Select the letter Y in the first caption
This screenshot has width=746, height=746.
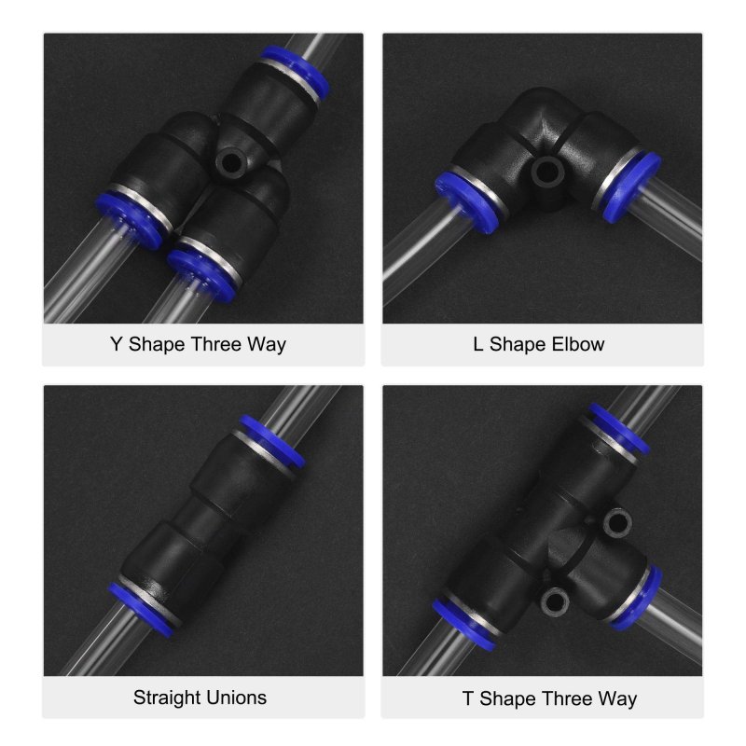pyautogui.click(x=116, y=344)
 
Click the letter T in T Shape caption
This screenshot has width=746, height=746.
pyautogui.click(x=468, y=698)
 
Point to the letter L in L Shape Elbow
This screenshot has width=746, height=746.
pyautogui.click(x=478, y=344)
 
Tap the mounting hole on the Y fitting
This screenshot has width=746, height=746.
pyautogui.click(x=230, y=163)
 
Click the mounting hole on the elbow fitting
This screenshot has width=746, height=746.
pyautogui.click(x=546, y=172)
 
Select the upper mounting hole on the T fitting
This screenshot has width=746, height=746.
pyautogui.click(x=617, y=522)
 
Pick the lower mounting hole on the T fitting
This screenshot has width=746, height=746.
pyautogui.click(x=555, y=601)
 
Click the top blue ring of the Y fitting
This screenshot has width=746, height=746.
pyautogui.click(x=295, y=72)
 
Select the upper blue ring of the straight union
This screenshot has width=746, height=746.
pyautogui.click(x=271, y=440)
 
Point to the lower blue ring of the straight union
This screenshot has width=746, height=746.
pyautogui.click(x=141, y=610)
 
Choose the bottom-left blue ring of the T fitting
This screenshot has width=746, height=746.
pyautogui.click(x=464, y=624)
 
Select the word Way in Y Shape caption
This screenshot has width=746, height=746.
pyautogui.click(x=266, y=344)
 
